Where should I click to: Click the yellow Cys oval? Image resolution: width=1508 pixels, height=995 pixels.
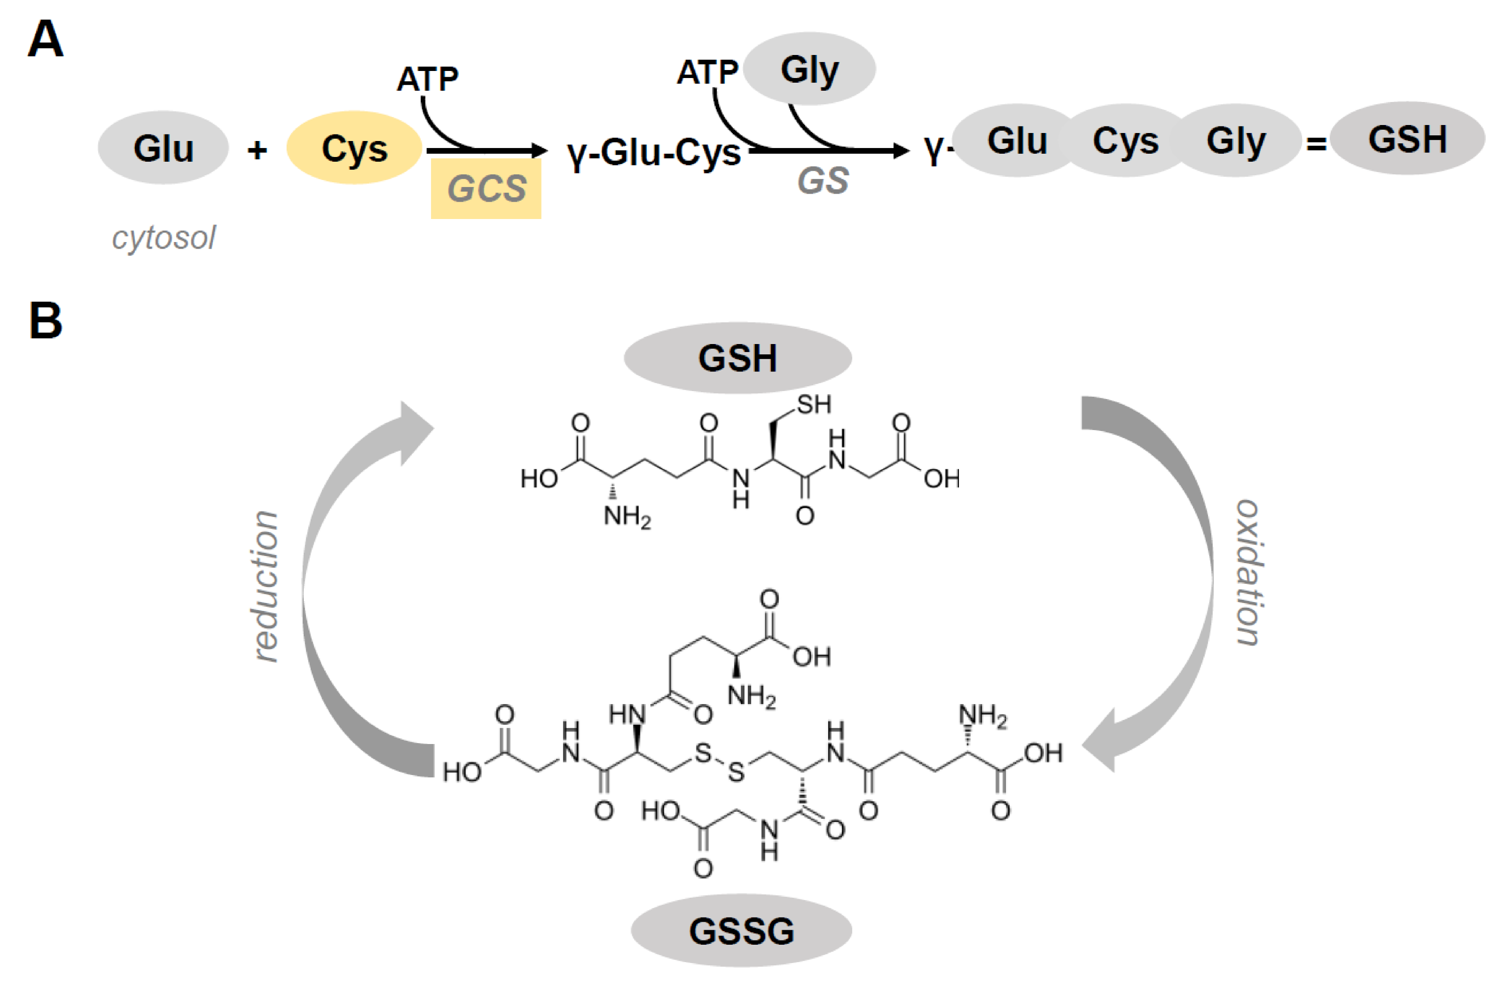[353, 148]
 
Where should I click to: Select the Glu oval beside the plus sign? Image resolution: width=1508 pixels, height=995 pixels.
[163, 148]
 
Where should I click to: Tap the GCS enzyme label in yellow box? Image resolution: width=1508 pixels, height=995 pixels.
[486, 188]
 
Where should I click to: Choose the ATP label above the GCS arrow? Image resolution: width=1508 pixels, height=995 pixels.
[427, 79]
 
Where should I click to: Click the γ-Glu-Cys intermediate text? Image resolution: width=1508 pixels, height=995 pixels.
[654, 152]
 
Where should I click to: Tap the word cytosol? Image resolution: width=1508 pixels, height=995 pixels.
[164, 238]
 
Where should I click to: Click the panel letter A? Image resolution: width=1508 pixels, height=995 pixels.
[46, 39]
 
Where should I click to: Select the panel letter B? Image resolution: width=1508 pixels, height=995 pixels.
[46, 321]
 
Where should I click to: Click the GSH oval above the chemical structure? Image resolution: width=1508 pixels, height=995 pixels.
[738, 358]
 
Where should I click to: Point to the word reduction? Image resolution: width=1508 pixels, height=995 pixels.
[265, 585]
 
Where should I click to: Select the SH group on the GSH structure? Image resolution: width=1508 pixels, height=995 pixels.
[814, 404]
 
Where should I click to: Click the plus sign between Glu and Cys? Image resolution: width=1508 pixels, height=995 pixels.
[257, 150]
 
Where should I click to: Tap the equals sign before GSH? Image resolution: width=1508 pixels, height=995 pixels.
[1316, 145]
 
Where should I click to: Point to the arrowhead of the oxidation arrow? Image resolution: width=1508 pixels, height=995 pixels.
[1101, 741]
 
